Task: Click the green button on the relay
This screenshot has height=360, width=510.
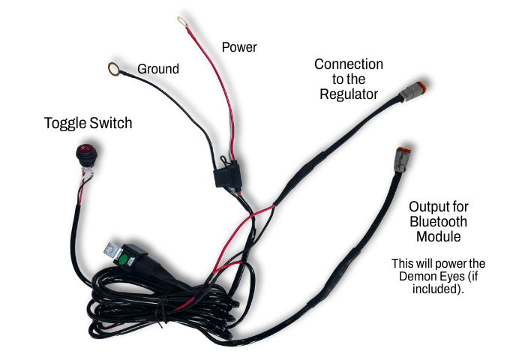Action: (x=121, y=262)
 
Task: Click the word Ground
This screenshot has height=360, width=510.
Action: (x=158, y=70)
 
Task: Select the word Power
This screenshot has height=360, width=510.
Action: (x=239, y=48)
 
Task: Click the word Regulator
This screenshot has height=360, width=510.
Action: (x=349, y=94)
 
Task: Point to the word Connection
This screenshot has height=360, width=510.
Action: (x=349, y=64)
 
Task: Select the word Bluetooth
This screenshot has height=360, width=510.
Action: (x=439, y=222)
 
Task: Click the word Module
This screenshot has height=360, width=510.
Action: (x=439, y=238)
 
